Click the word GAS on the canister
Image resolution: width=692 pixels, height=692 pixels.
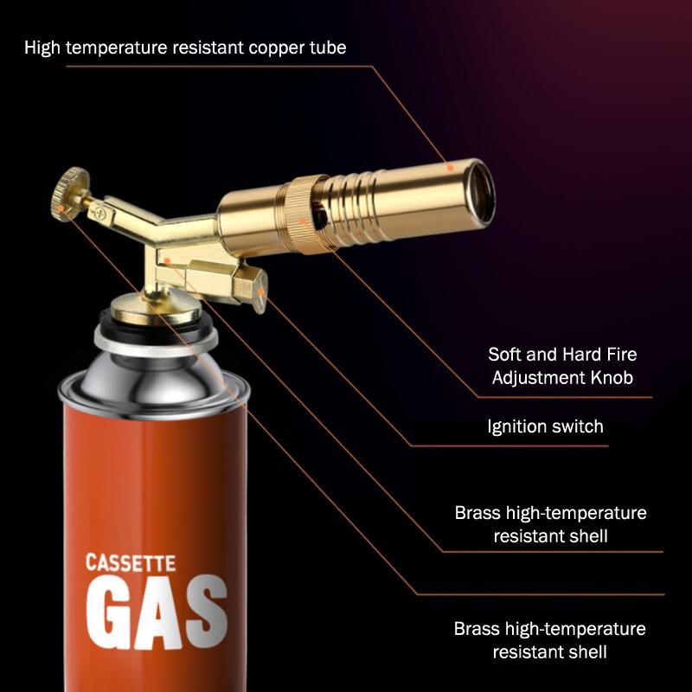click(x=157, y=612)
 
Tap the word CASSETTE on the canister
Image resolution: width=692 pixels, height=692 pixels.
click(x=131, y=563)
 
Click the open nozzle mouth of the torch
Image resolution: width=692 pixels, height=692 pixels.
click(x=481, y=192)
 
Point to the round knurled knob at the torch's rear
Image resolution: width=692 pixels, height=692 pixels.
click(x=70, y=194)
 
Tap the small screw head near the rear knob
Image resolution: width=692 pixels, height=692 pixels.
click(x=102, y=214)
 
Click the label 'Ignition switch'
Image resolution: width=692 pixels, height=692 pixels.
click(x=545, y=426)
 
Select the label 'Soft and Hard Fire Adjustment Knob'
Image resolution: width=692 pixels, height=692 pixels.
click(x=562, y=366)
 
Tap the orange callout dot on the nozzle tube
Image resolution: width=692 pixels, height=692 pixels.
click(x=450, y=168)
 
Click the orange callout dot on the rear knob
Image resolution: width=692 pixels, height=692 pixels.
click(x=61, y=208)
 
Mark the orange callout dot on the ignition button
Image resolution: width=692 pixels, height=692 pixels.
click(x=261, y=292)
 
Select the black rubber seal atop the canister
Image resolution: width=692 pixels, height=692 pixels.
click(x=155, y=328)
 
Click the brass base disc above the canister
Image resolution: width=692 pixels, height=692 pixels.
click(x=156, y=308)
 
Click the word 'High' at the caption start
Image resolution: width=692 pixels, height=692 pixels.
click(x=42, y=48)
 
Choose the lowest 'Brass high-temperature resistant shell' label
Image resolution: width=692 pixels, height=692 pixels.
click(x=550, y=640)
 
